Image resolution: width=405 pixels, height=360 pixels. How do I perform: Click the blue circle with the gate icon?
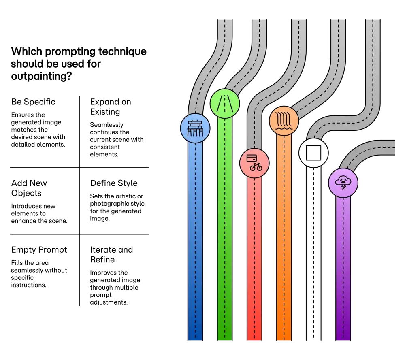(x=195, y=128)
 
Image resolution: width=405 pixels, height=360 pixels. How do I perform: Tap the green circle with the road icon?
(x=225, y=104)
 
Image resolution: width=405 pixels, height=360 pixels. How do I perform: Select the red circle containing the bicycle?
(x=254, y=163)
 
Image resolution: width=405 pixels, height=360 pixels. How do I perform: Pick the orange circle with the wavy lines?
(x=284, y=120)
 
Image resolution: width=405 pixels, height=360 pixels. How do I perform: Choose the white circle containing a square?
(x=313, y=153)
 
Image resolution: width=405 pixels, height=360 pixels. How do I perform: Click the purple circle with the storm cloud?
(x=343, y=183)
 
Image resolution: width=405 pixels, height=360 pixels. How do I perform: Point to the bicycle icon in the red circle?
(x=256, y=166)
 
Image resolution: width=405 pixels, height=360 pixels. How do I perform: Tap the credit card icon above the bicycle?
(x=252, y=158)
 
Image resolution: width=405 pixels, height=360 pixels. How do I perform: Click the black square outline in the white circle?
(x=313, y=153)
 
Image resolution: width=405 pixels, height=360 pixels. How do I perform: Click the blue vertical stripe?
(x=195, y=243)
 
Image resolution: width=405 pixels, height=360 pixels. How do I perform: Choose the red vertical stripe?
(x=254, y=259)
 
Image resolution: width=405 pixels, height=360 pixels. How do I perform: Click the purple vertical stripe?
(x=343, y=267)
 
